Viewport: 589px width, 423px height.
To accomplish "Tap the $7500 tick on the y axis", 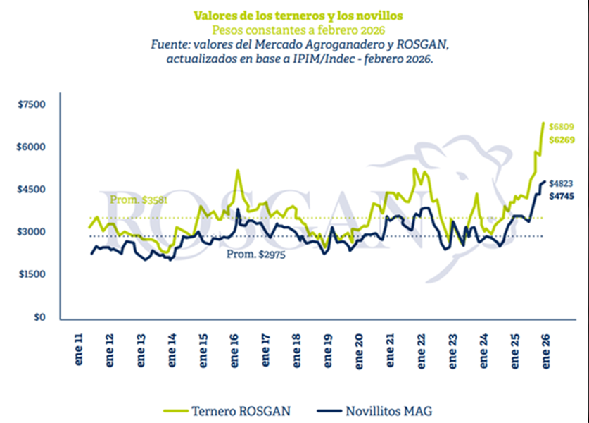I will [32, 105].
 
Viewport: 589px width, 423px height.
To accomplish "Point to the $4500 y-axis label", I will [32, 190].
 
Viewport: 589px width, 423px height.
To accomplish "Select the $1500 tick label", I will [32, 274].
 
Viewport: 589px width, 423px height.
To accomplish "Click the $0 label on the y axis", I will [39, 317].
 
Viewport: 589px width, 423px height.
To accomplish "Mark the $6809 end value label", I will [562, 126].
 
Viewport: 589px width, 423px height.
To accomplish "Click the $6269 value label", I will [562, 140].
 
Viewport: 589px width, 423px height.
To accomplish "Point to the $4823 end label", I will [562, 183].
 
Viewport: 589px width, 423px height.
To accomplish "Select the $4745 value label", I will [562, 195].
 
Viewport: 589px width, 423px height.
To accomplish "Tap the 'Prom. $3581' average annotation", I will [139, 200].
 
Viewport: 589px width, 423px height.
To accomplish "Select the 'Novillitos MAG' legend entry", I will [386, 409].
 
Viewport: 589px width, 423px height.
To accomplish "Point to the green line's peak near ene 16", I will [238, 170].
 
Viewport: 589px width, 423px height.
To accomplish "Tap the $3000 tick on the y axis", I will [32, 232].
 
